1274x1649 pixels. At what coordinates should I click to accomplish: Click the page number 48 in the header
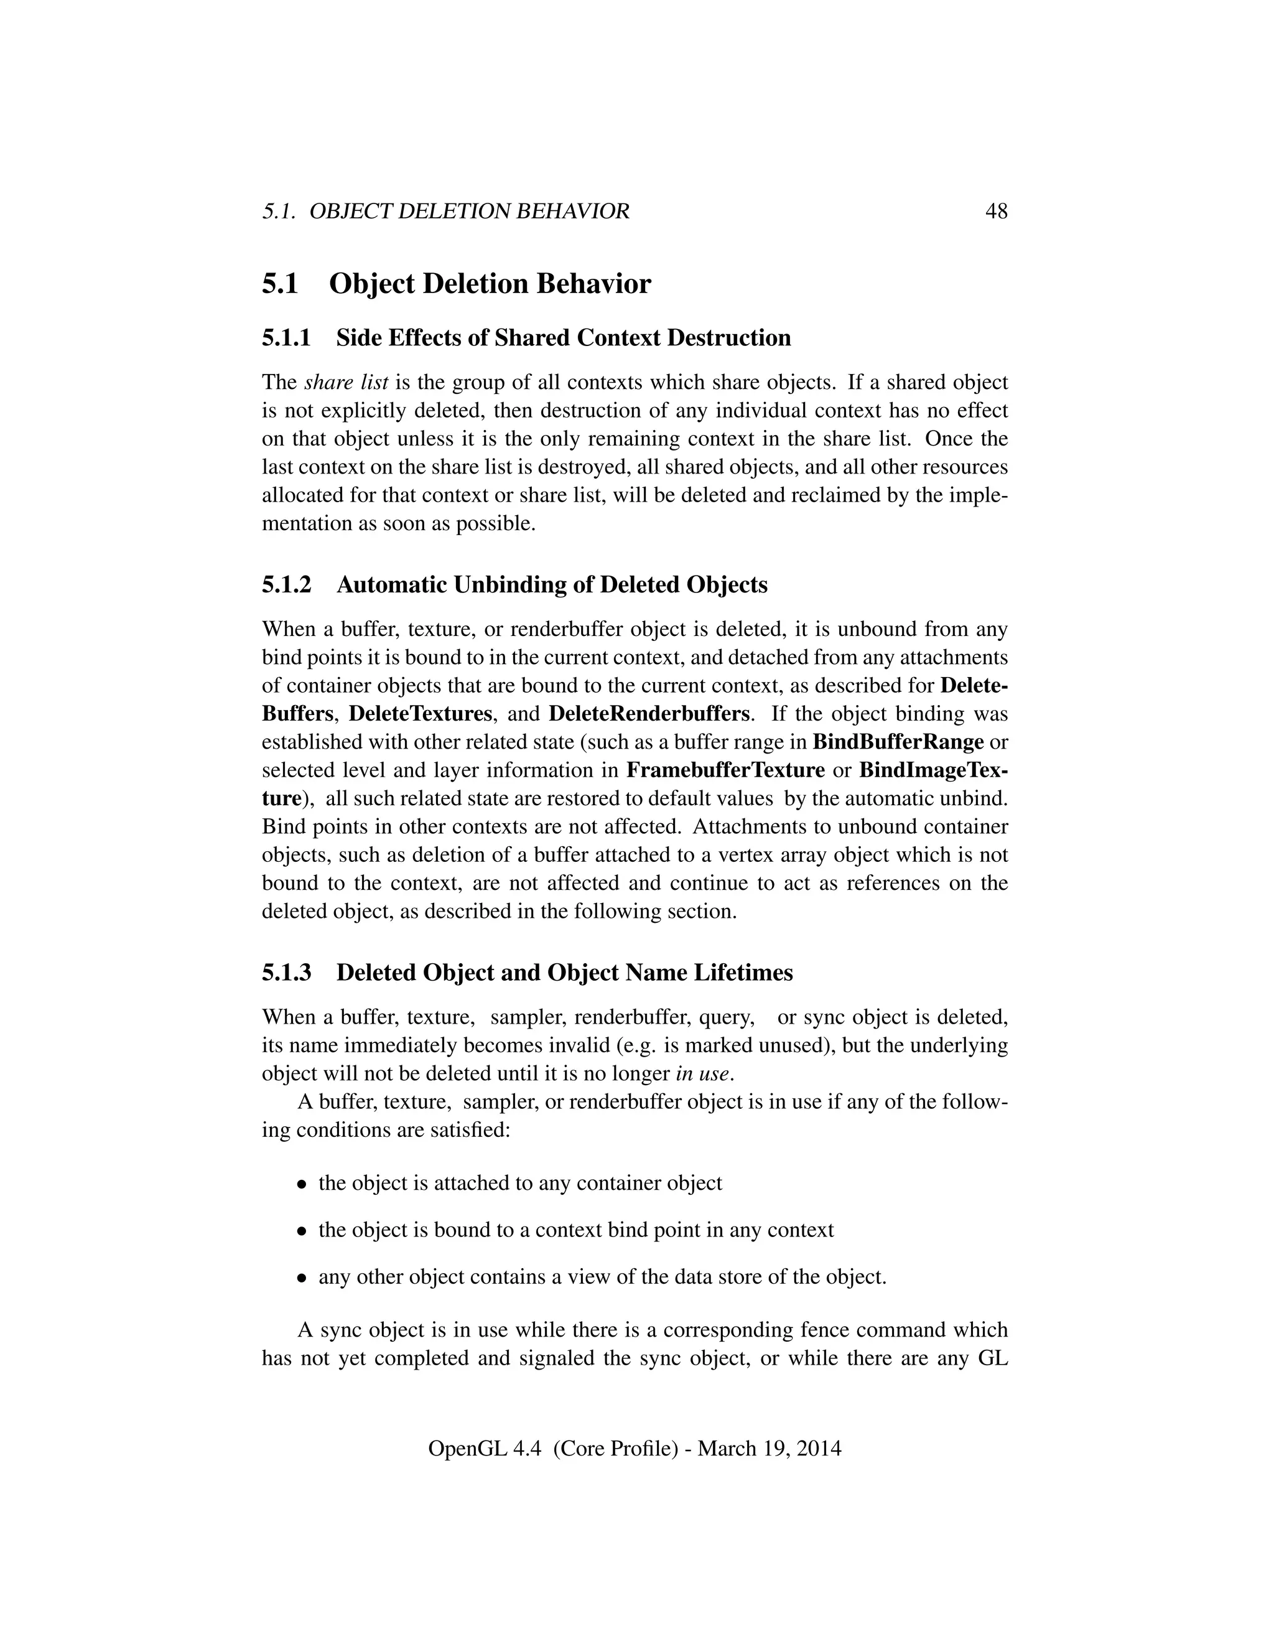click(995, 212)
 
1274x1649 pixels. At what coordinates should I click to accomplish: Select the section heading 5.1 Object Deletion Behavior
click(456, 284)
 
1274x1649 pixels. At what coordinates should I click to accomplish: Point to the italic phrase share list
click(346, 382)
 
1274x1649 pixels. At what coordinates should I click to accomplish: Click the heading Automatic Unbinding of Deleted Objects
click(552, 584)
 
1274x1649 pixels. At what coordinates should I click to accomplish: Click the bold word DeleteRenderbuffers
click(649, 714)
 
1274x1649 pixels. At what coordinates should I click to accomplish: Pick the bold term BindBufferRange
click(898, 742)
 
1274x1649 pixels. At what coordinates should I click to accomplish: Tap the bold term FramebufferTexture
click(725, 770)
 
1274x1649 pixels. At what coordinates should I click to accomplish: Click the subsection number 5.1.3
click(286, 973)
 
